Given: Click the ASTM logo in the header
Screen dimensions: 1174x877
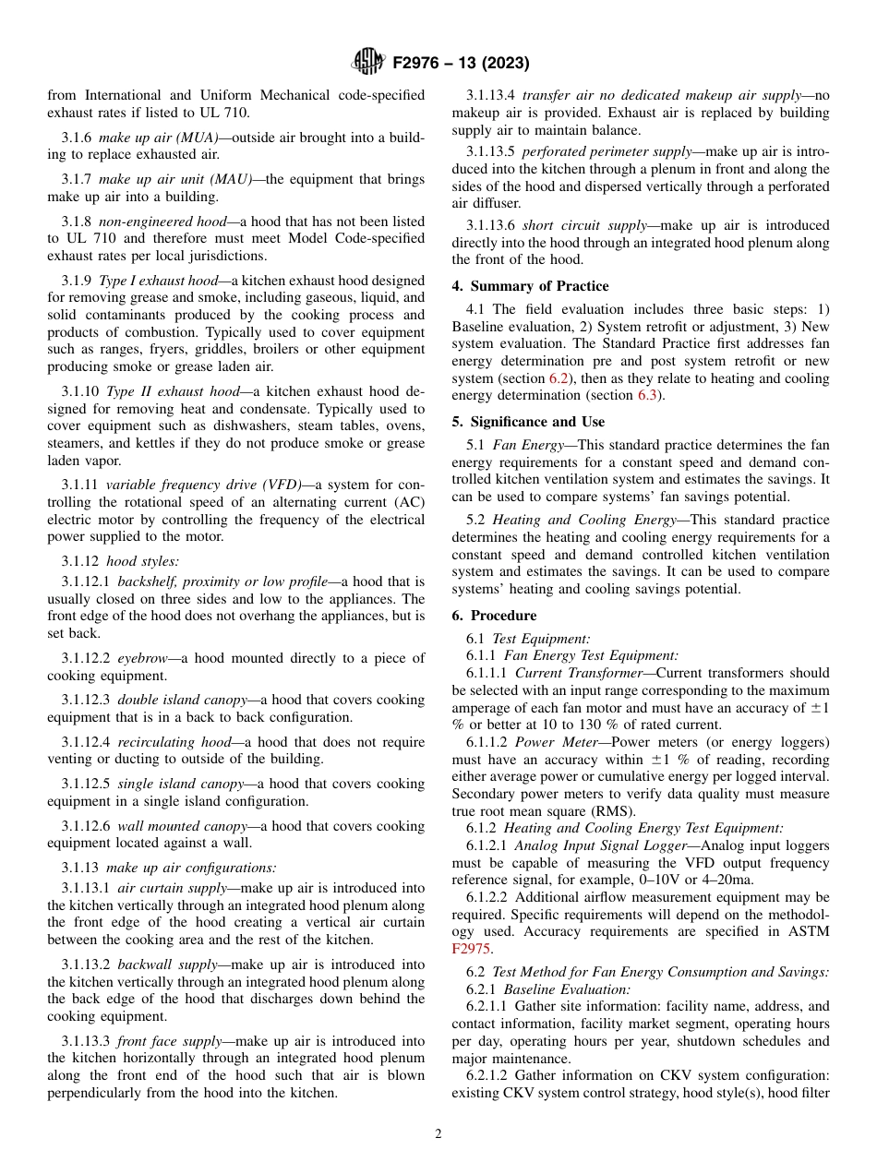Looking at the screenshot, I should pos(369,63).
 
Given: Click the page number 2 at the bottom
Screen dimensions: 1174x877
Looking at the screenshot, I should pos(438,1134).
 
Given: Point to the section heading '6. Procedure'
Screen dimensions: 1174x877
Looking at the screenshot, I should pos(494,616).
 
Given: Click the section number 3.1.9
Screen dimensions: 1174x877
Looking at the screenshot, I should pos(77,281).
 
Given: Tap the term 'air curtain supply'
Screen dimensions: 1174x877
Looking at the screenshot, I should pos(172,888).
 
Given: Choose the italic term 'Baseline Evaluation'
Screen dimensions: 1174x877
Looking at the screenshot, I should pos(567,988).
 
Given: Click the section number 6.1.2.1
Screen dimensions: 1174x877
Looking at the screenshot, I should pos(487,845).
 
